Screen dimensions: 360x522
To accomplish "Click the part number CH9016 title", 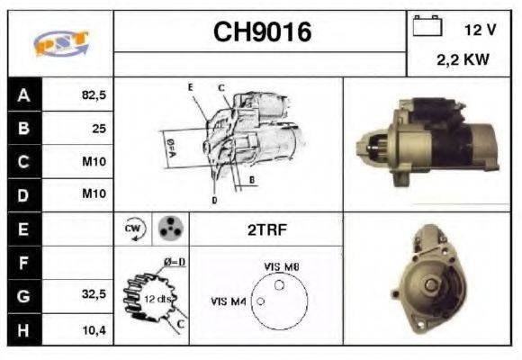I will [262, 32].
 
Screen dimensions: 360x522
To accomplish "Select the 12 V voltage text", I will [480, 30].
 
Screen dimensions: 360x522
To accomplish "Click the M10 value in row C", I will [94, 163].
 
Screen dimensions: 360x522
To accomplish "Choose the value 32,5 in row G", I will [94, 294].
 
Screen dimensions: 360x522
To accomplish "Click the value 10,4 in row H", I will [94, 329].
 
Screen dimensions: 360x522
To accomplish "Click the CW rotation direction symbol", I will [132, 229].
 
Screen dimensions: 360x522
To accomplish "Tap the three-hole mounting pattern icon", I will [169, 229].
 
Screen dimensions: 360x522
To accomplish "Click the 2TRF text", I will [265, 229].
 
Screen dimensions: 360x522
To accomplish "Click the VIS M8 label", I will [281, 267].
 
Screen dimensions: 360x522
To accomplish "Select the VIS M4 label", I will [229, 301].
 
